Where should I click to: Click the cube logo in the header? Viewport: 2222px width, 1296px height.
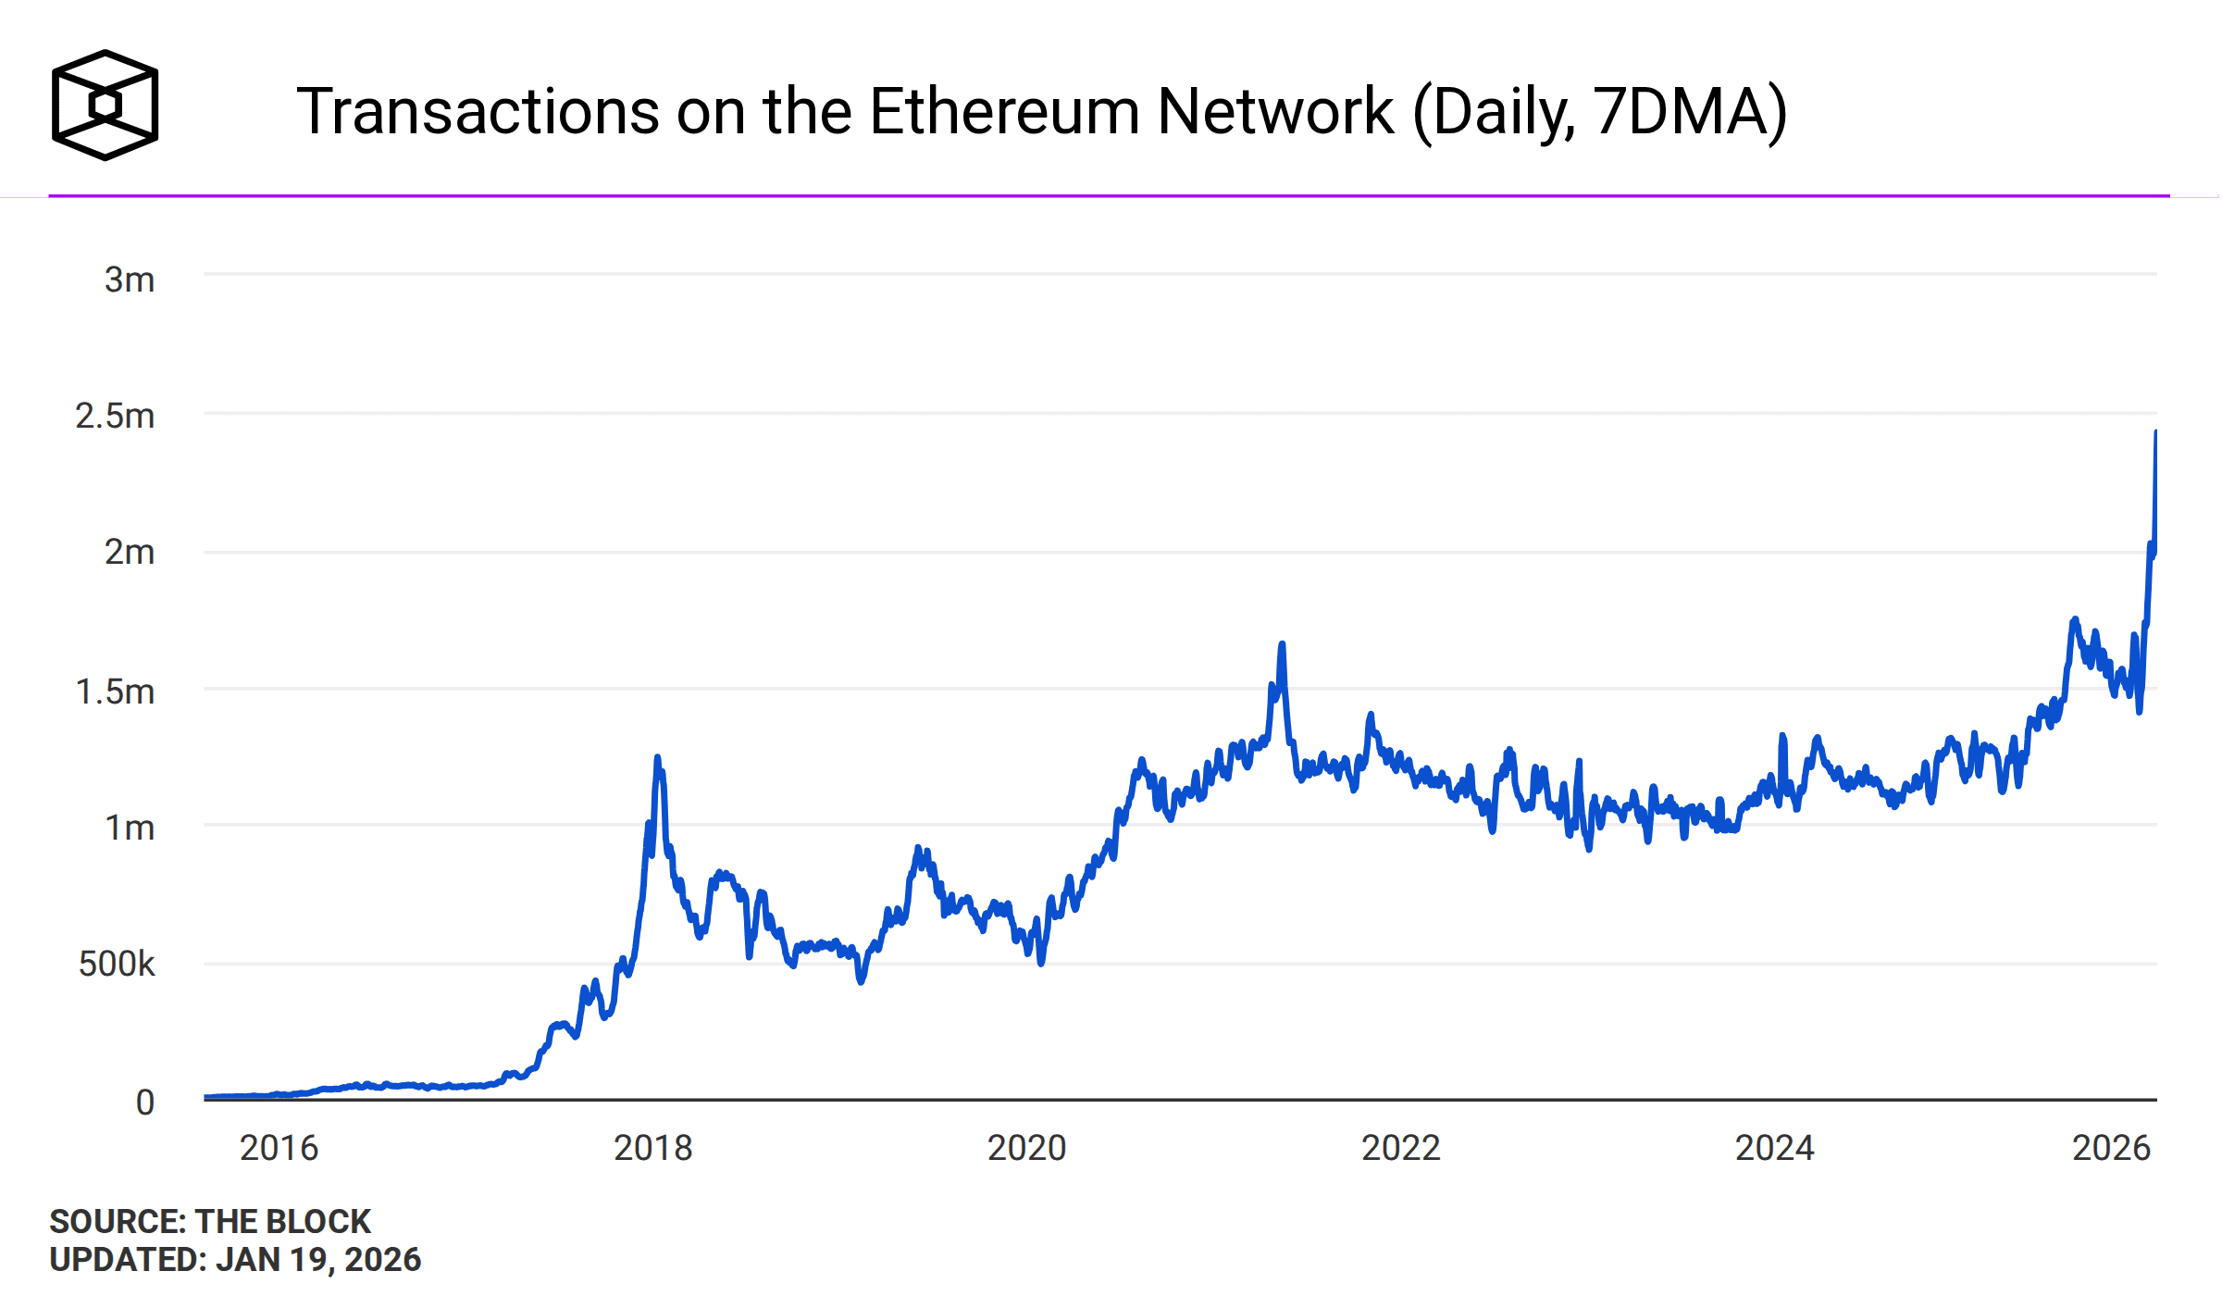(105, 105)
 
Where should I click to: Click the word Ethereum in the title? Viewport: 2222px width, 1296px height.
(1005, 112)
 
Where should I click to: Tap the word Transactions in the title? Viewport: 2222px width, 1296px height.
(478, 112)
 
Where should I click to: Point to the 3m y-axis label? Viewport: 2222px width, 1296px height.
(129, 280)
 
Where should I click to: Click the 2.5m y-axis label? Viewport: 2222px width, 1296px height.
(115, 417)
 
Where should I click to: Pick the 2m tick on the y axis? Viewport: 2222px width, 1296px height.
(129, 553)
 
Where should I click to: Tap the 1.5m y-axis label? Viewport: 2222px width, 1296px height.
(115, 692)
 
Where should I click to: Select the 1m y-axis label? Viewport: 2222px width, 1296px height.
(129, 828)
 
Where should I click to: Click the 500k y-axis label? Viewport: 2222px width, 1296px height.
(117, 964)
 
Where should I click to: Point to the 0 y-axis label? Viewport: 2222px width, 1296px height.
(144, 1102)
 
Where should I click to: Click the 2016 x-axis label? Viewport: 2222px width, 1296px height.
(279, 1148)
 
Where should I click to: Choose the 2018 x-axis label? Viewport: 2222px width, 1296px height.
(652, 1148)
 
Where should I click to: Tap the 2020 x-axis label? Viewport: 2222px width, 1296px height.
(1026, 1148)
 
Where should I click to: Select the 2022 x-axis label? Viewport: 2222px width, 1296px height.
(1400, 1148)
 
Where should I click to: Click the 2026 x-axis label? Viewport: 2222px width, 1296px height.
(2111, 1148)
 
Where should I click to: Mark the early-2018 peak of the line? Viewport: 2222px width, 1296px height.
(657, 758)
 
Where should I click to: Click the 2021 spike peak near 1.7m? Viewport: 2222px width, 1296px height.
(1282, 644)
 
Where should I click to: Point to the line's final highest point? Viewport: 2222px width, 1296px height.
(2155, 432)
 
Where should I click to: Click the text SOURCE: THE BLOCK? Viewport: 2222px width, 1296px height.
(210, 1221)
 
